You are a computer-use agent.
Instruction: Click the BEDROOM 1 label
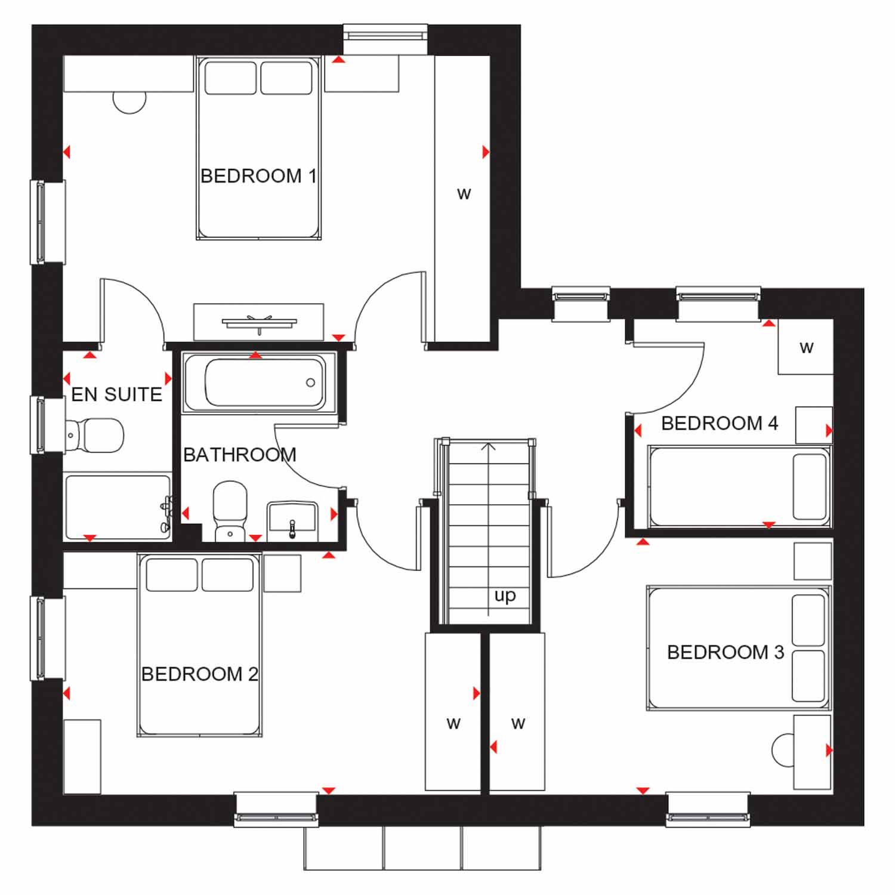[x=258, y=176]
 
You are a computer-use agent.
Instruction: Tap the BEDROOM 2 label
[x=199, y=674]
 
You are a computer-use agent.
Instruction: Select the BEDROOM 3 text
[x=726, y=652]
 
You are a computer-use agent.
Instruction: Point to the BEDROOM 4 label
[x=720, y=423]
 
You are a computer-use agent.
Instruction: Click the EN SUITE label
[x=117, y=394]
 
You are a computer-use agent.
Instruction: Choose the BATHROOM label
[x=240, y=455]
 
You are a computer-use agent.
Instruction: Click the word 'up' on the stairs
[x=505, y=596]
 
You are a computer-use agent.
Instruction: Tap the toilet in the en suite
[x=94, y=435]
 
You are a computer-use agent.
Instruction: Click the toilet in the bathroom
[x=230, y=511]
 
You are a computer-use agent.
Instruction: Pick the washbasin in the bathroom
[x=292, y=519]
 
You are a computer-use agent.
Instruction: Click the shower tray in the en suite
[x=118, y=508]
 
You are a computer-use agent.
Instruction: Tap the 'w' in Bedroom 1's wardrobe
[x=464, y=194]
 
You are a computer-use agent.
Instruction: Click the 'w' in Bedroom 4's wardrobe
[x=806, y=347]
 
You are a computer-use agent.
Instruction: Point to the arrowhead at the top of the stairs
[x=489, y=446]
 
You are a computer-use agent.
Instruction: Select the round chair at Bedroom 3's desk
[x=783, y=750]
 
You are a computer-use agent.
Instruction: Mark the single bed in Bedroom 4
[x=739, y=486]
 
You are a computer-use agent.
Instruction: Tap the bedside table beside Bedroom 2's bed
[x=282, y=573]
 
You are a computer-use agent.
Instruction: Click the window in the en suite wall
[x=48, y=425]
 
